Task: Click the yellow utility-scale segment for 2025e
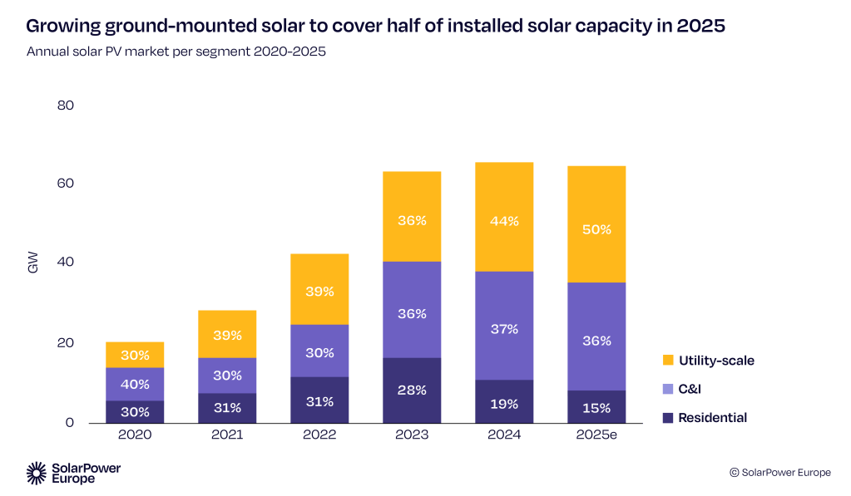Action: coord(596,223)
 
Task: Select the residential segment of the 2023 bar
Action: coord(412,390)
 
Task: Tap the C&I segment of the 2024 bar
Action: coord(504,325)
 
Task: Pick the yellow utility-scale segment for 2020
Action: coord(135,355)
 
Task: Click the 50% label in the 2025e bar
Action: coord(596,228)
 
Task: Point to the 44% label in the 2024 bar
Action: coord(504,221)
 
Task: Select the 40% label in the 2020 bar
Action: coord(135,385)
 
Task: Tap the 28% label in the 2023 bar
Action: coord(412,390)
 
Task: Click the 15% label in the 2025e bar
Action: coord(596,408)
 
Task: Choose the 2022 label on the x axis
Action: coord(319,435)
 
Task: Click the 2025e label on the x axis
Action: coord(596,435)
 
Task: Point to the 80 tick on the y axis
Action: coord(66,106)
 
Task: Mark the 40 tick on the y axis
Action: coord(66,263)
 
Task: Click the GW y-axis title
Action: coord(33,264)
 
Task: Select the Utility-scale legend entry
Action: coord(716,361)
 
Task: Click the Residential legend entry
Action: coord(712,418)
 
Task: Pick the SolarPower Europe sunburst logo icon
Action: coord(37,473)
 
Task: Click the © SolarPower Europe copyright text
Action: coord(779,472)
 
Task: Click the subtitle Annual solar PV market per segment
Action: coord(176,52)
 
